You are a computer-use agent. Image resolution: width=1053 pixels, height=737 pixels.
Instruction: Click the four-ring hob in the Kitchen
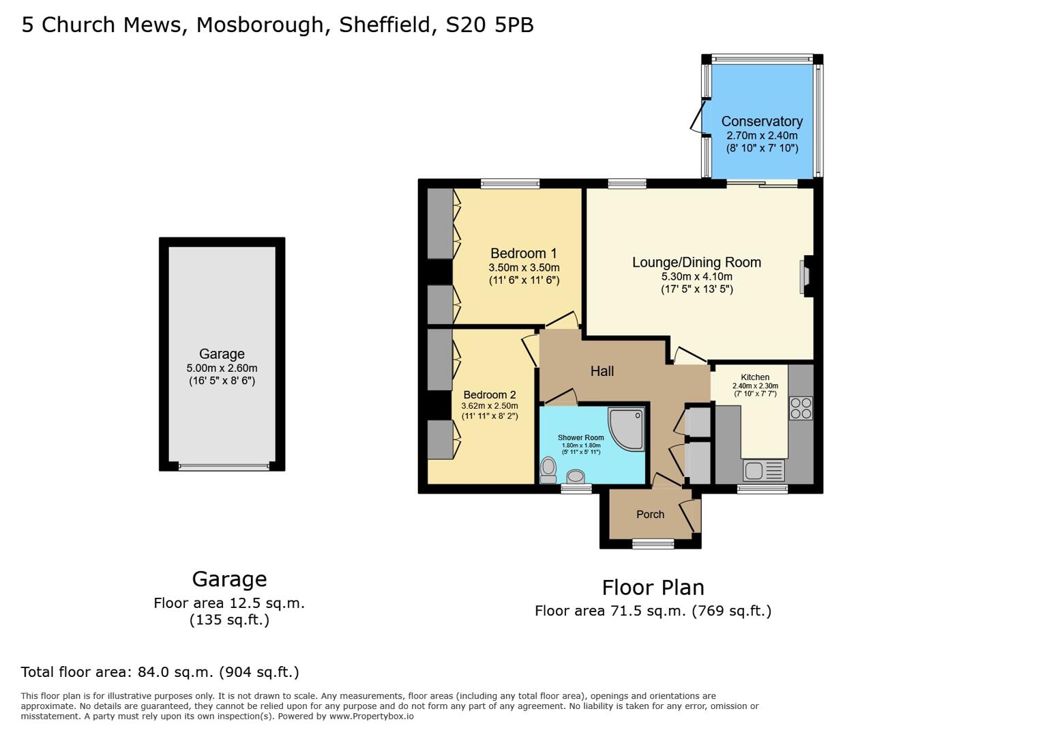click(801, 407)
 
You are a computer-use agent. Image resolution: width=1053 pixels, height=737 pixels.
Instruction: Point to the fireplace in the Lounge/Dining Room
click(805, 276)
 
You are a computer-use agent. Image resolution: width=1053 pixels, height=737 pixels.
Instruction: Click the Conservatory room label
click(762, 121)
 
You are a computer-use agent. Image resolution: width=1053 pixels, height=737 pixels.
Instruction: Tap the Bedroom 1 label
click(523, 254)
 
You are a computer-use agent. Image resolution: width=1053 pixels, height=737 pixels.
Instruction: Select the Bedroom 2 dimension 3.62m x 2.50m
click(489, 406)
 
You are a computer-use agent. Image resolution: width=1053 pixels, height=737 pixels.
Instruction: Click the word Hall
click(602, 371)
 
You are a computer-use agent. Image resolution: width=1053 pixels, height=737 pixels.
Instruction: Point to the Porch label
click(650, 515)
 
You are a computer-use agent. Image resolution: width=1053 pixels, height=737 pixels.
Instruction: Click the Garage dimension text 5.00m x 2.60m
click(222, 369)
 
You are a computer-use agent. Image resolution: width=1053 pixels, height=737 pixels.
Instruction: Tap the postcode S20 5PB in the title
click(489, 25)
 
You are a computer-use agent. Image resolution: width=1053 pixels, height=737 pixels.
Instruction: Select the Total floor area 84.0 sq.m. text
click(160, 672)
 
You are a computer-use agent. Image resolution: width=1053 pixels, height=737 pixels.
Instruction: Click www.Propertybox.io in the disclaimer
click(371, 717)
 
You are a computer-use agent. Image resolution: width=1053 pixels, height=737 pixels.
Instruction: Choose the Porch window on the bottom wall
click(653, 544)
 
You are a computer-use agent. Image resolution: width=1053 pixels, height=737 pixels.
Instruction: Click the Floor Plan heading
click(653, 588)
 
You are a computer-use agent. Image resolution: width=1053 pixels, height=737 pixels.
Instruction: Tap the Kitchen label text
click(755, 377)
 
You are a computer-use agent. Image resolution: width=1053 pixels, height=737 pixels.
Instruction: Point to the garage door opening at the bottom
click(224, 467)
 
